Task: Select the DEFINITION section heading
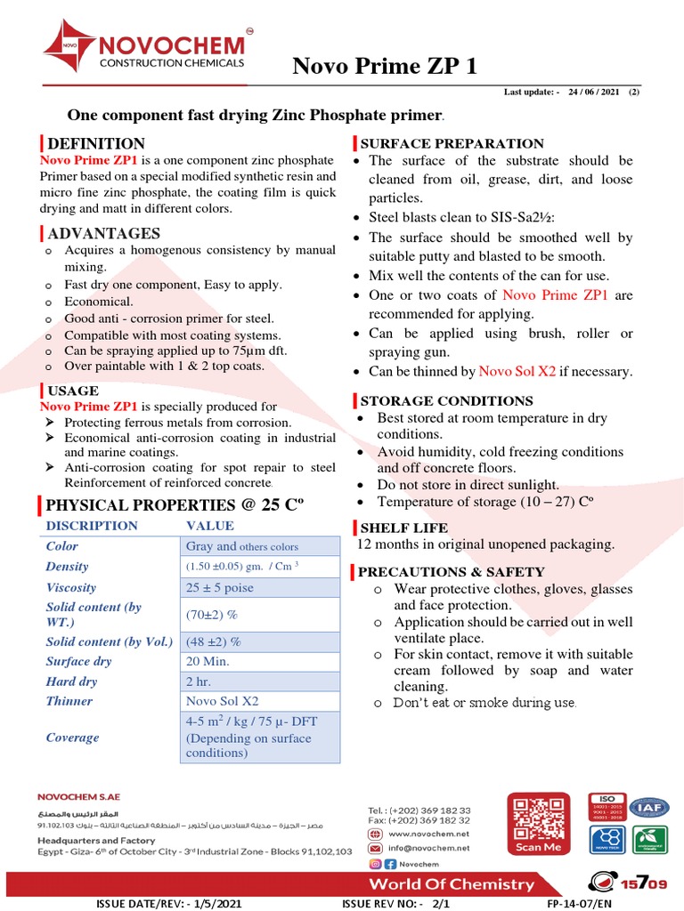pos(96,143)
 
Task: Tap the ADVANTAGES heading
pos(103,233)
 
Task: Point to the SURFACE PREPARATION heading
pos(452,143)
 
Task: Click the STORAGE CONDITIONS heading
pos(446,401)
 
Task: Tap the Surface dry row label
pos(78,661)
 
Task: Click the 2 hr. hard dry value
pos(199,681)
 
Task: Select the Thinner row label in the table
pos(69,701)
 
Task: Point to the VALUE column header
pos(210,526)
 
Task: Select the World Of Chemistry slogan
pos(452,884)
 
